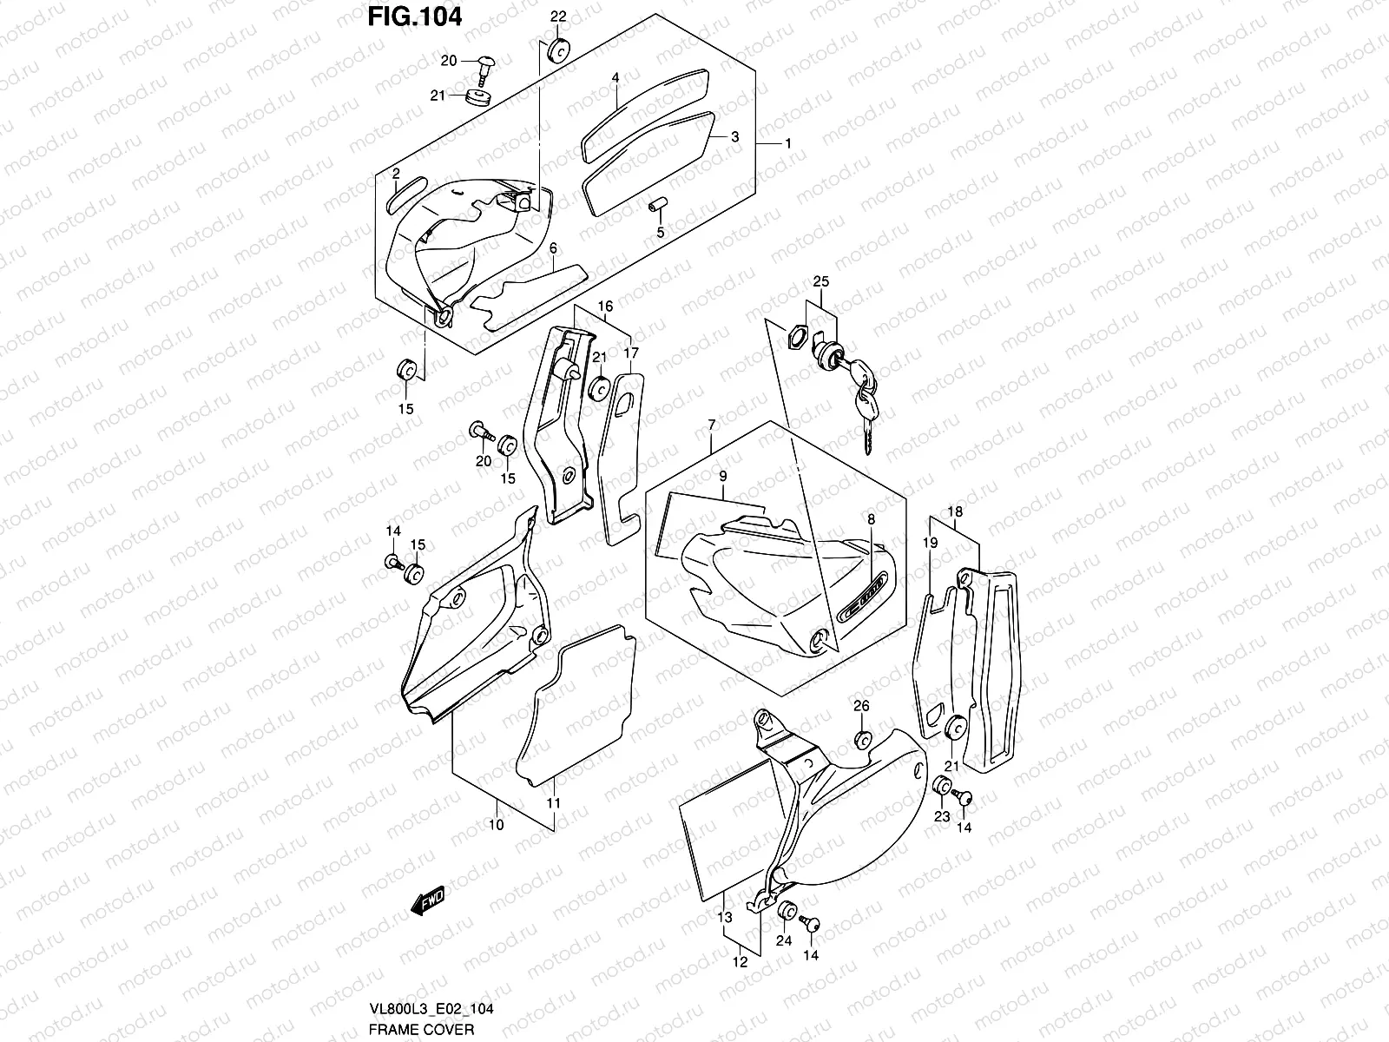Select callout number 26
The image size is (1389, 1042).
860,706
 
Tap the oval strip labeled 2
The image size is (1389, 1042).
405,191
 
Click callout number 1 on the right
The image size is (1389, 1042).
787,142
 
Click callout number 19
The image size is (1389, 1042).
930,543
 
